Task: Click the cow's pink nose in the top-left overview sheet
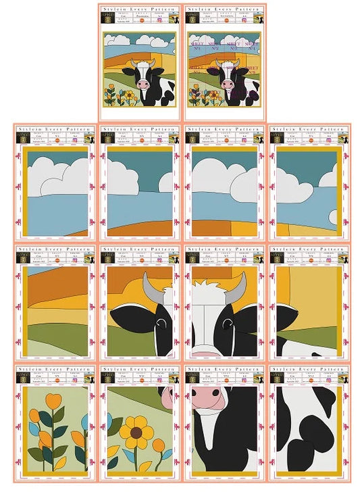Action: pyautogui.click(x=143, y=84)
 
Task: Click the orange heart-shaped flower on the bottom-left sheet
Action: pyautogui.click(x=55, y=403)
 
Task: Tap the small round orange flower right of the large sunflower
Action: pyautogui.click(x=159, y=446)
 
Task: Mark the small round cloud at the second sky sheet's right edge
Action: pyautogui.click(x=166, y=182)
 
